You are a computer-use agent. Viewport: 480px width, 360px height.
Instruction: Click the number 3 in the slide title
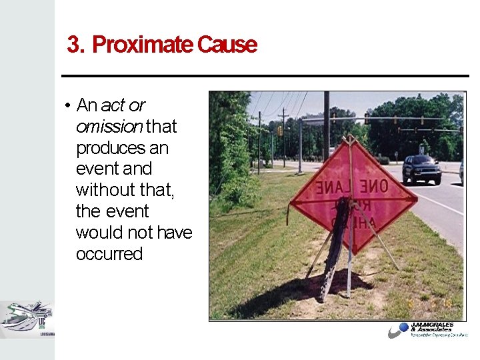[73, 45]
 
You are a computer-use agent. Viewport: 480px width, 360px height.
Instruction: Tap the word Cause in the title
[227, 45]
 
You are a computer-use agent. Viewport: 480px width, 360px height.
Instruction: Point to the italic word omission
[109, 126]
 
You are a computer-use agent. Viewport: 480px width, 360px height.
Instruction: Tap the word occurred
[109, 254]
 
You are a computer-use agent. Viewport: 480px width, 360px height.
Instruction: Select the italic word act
[113, 105]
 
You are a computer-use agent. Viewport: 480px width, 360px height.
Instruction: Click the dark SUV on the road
[421, 170]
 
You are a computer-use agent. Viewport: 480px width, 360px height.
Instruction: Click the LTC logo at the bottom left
[27, 318]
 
